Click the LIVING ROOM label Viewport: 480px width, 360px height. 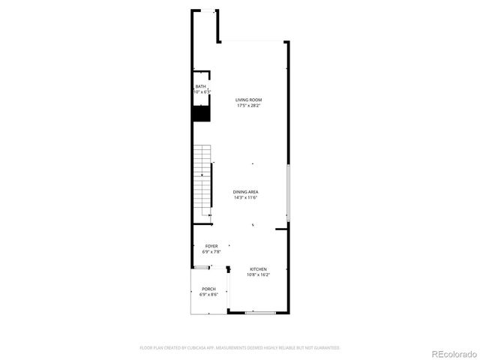point(249,100)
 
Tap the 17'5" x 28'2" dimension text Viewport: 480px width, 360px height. point(249,106)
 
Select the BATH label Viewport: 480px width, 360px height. point(200,87)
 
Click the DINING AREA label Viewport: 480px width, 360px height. point(245,192)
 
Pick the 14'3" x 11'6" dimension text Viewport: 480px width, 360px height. point(245,198)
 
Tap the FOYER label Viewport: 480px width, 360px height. point(211,246)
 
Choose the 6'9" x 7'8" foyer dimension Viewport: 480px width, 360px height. point(211,252)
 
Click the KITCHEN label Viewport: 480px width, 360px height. point(258,269)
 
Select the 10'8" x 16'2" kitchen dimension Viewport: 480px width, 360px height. point(258,275)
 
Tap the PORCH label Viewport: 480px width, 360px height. point(208,289)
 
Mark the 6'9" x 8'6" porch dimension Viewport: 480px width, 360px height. point(208,295)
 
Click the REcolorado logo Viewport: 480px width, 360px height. point(451,353)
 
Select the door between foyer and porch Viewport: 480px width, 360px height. point(202,268)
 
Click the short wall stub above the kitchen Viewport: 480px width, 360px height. point(281,229)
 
